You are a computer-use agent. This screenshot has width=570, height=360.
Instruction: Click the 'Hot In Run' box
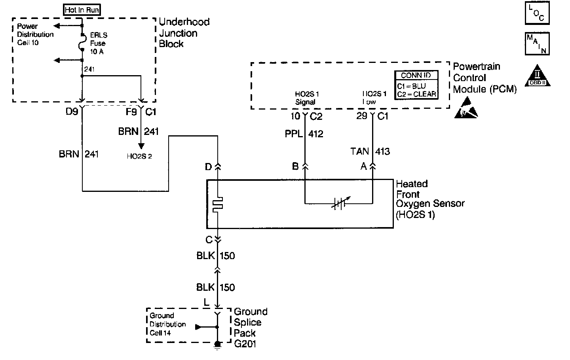(x=82, y=10)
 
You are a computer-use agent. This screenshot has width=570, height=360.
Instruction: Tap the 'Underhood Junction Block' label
(x=184, y=33)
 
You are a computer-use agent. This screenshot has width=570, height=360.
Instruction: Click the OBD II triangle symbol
(x=537, y=76)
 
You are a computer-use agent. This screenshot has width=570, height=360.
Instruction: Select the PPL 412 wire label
(x=304, y=134)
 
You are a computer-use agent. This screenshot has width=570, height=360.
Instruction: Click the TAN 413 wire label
(x=370, y=151)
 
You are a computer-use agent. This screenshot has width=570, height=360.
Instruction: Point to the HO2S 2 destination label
(x=139, y=156)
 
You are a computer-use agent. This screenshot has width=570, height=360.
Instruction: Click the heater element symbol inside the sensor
(x=217, y=204)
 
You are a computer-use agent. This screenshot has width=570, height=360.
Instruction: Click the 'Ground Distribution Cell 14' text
(x=167, y=324)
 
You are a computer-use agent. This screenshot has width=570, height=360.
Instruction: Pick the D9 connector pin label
(x=72, y=112)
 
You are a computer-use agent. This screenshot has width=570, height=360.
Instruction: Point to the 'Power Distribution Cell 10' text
(x=35, y=34)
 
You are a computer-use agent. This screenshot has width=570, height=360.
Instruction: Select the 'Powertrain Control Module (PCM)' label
(x=484, y=78)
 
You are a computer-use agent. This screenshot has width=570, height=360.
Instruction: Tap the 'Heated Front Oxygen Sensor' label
(x=429, y=200)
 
